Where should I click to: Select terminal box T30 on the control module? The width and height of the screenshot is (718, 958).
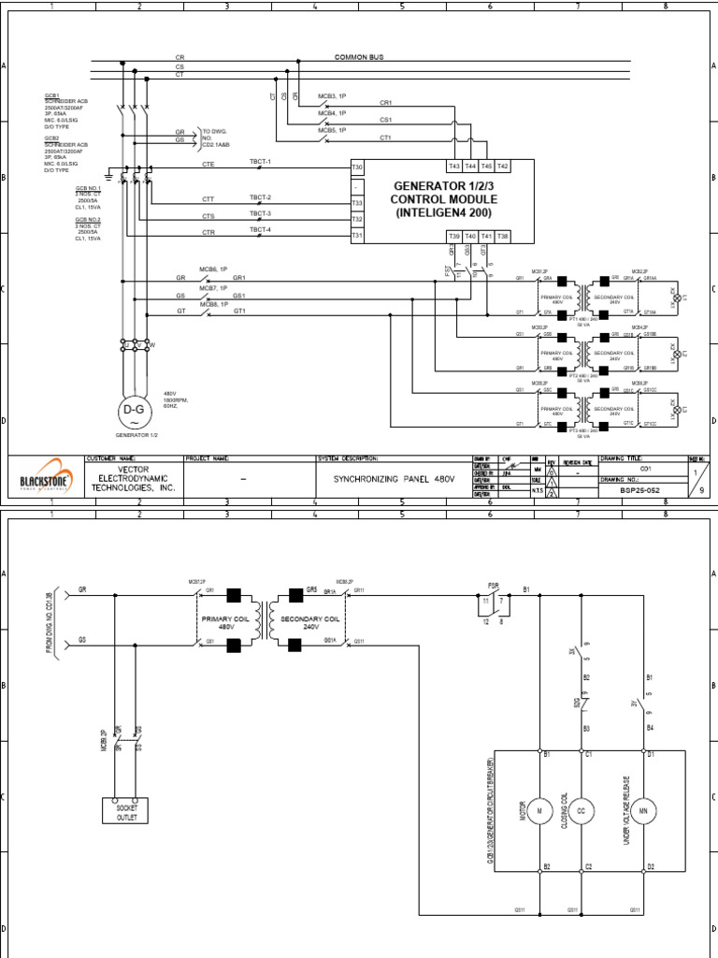click(x=356, y=167)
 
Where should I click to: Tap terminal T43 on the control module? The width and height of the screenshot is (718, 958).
click(x=454, y=166)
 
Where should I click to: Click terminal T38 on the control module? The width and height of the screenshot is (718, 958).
click(x=502, y=237)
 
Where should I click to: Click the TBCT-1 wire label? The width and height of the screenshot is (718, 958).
click(x=260, y=161)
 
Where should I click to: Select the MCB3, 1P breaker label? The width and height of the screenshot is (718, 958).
click(x=333, y=96)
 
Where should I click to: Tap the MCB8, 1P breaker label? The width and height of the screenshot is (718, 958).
click(x=213, y=304)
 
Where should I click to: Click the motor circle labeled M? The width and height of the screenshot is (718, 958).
click(x=538, y=809)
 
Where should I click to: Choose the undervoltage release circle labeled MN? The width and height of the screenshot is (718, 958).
click(x=644, y=809)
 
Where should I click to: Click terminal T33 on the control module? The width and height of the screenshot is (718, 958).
click(x=356, y=203)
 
